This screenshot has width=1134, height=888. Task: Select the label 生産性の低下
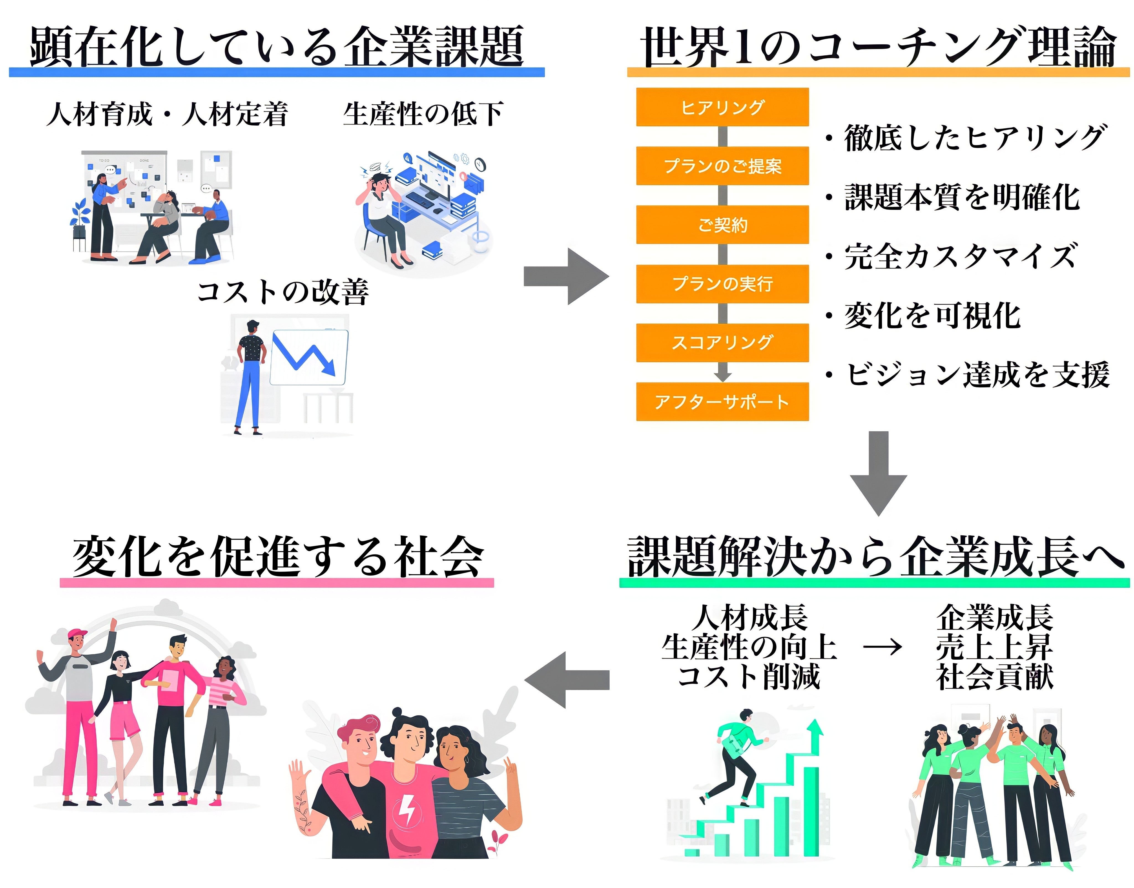coord(423,114)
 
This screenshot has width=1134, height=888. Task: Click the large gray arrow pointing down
coord(878,472)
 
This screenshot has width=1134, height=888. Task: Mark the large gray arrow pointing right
coord(567,276)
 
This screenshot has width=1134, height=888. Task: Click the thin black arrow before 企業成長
coord(882,647)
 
